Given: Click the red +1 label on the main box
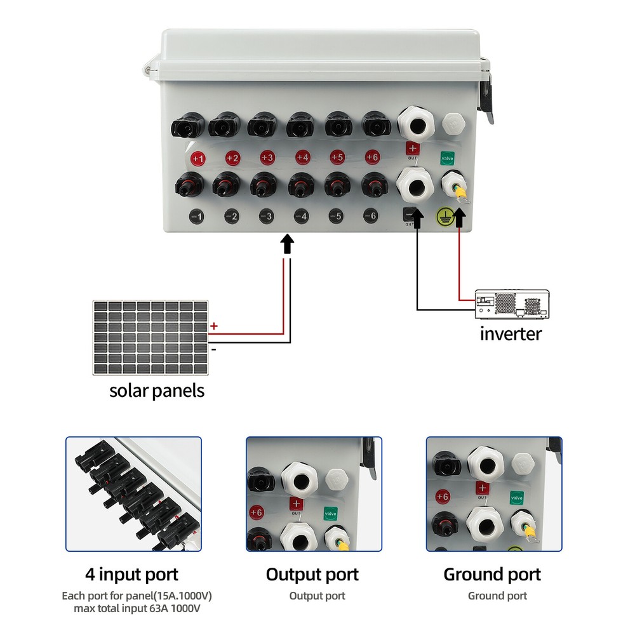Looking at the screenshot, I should [x=198, y=158].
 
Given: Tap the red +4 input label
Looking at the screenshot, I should [x=302, y=157].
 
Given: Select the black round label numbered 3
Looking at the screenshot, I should [x=268, y=217].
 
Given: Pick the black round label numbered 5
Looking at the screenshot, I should [x=337, y=217].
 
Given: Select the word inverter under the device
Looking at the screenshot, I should [x=511, y=333].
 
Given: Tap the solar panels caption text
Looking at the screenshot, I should [x=157, y=389].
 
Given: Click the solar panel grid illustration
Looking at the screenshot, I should [x=150, y=337].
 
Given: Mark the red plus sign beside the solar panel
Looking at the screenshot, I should [x=214, y=326].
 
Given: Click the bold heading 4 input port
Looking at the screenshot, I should [x=132, y=575].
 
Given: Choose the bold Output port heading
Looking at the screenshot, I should [x=312, y=575].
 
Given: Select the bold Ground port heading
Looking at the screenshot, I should [x=492, y=575].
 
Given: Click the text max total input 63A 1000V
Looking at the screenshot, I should [x=137, y=609].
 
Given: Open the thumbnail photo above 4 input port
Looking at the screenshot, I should [x=133, y=493].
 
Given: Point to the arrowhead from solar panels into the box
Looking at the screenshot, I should [x=287, y=244].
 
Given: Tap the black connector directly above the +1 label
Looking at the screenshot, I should [x=185, y=125].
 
